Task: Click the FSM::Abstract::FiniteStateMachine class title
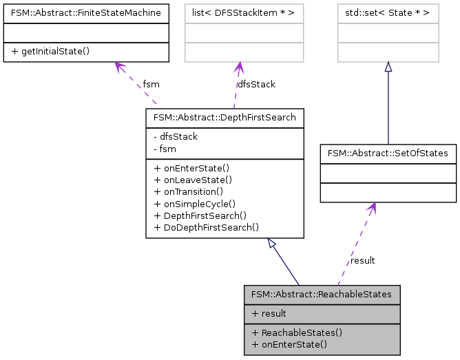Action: coord(86,12)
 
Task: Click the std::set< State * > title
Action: coord(388,12)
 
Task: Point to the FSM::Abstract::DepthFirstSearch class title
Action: coord(224,118)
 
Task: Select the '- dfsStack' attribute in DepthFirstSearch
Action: coord(176,136)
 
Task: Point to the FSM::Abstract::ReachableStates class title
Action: coord(322,294)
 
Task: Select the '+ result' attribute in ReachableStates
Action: coord(269,313)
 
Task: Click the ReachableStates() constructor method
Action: coord(297,332)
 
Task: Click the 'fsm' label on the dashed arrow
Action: coord(151,84)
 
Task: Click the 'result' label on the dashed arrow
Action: coord(362,260)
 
